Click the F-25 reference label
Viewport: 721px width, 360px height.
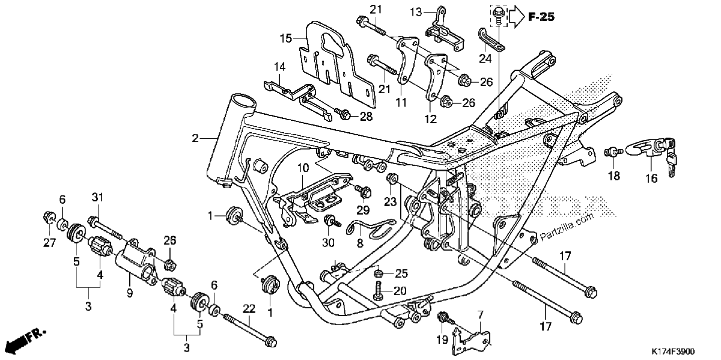point(541,17)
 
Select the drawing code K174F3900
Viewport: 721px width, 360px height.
point(673,351)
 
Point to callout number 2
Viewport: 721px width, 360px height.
point(195,138)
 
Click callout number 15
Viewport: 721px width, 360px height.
point(286,38)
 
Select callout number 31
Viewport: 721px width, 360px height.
point(97,197)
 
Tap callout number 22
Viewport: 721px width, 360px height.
point(249,309)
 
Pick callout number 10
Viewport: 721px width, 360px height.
point(303,168)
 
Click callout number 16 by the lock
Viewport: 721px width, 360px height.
point(651,178)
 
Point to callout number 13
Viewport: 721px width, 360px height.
point(416,13)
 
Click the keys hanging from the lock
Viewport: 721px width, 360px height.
point(670,158)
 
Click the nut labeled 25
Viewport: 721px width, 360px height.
point(379,273)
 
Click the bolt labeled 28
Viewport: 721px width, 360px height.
point(343,114)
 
